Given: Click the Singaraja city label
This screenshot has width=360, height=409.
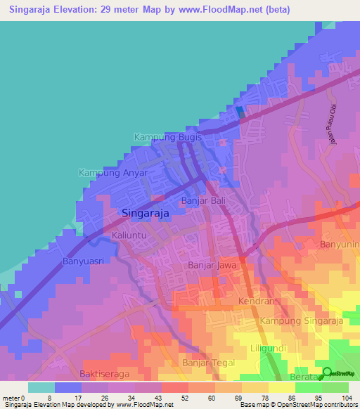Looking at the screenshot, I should click(x=146, y=213).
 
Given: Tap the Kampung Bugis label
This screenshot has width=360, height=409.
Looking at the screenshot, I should click(x=168, y=138).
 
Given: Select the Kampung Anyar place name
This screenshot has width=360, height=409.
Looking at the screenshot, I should click(x=112, y=173).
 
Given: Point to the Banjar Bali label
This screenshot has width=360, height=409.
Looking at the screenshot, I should click(x=202, y=201).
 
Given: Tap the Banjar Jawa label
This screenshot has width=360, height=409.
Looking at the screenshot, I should click(x=212, y=266).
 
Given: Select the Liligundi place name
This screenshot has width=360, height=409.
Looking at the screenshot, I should click(x=270, y=349).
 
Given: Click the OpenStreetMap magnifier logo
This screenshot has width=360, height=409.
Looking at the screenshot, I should click(x=328, y=374).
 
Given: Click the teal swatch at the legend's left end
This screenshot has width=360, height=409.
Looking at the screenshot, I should click(x=41, y=387).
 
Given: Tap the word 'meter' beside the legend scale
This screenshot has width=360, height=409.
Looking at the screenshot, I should click(x=11, y=397).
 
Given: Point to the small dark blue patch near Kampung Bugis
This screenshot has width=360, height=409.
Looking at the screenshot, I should click(x=240, y=111).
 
